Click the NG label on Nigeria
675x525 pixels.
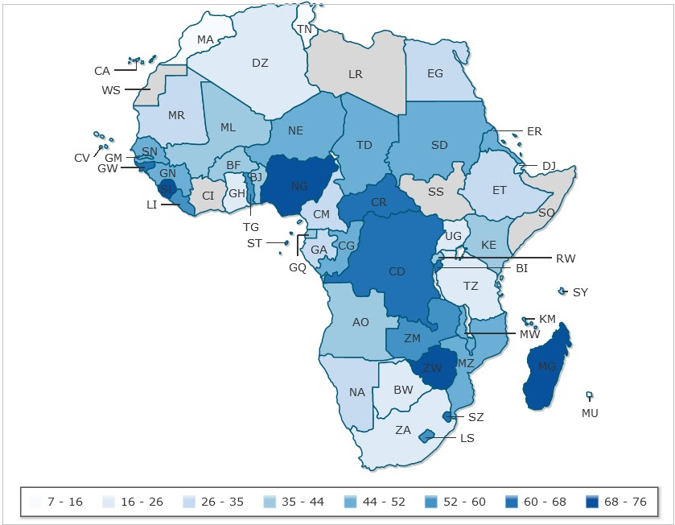(299, 186)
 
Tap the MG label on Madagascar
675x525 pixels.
(547, 367)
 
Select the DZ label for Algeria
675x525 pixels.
(260, 63)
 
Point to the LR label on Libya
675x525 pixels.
(356, 74)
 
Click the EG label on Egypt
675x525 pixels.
(435, 73)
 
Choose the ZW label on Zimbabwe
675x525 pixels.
(433, 367)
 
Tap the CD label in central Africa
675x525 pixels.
(397, 271)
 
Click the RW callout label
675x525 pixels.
(566, 258)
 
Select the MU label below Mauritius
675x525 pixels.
(590, 413)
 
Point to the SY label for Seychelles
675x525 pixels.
(580, 292)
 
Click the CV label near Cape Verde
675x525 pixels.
(82, 158)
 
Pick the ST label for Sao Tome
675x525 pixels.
(254, 243)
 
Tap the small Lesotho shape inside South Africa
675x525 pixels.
(426, 436)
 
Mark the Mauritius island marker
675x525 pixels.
(589, 395)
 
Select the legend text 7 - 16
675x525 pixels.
(65, 502)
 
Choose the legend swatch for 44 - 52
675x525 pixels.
(352, 502)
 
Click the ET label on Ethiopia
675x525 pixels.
(500, 191)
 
